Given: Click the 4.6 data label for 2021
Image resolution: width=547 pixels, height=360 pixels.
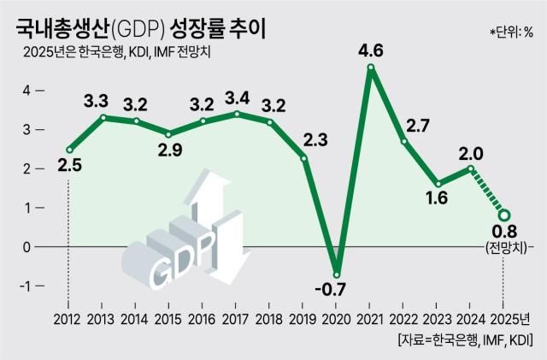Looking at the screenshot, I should [x=370, y=51].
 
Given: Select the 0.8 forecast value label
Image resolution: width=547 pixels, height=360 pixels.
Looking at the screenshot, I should [x=504, y=232].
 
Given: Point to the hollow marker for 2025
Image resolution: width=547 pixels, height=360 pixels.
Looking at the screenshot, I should [x=504, y=215].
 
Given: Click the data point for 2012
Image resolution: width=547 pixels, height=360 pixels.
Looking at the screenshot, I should [x=68, y=150].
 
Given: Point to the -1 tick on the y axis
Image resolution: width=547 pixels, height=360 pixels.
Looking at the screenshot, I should [x=26, y=286].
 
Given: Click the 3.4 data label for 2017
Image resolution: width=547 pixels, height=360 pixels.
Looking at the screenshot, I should [x=236, y=95].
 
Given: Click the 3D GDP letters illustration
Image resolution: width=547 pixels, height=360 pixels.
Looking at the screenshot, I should [x=175, y=257].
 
